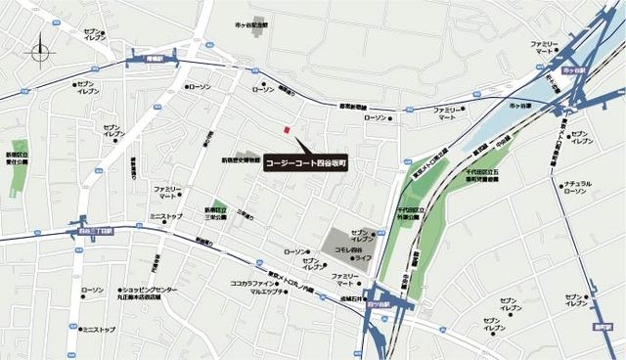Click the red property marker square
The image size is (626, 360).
[286, 130]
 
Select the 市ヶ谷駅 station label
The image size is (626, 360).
[579, 71]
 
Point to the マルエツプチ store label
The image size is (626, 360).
[266, 292]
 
